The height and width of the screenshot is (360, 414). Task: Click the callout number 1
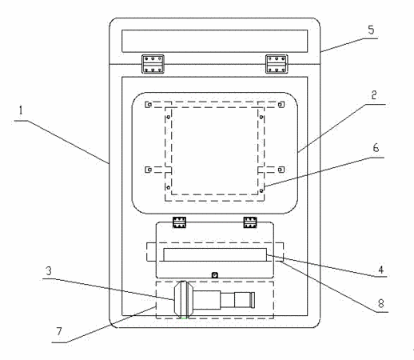click(21, 110)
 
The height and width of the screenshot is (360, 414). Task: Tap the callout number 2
click(374, 95)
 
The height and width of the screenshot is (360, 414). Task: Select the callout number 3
click(49, 271)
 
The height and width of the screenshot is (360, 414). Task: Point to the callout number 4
click(381, 270)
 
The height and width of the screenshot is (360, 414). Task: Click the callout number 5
click(371, 30)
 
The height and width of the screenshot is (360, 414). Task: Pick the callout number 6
click(376, 147)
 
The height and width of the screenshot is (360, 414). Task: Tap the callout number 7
click(59, 331)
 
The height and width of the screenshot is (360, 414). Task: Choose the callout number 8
click(381, 303)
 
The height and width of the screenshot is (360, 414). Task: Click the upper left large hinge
click(153, 64)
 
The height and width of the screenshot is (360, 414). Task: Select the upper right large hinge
click(277, 64)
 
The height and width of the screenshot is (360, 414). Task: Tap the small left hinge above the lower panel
click(179, 222)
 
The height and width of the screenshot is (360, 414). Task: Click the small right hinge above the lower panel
click(250, 222)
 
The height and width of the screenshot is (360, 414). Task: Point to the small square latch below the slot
click(215, 275)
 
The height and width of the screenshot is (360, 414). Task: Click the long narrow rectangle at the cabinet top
click(215, 41)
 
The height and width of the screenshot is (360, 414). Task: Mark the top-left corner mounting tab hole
click(149, 105)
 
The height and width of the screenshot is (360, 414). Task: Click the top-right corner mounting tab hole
click(280, 105)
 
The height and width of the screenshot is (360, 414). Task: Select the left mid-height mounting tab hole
click(149, 170)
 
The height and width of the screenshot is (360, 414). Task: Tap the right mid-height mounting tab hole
click(280, 170)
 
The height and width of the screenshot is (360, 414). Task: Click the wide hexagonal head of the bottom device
click(184, 299)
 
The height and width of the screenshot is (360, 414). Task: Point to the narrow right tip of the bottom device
click(253, 300)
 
